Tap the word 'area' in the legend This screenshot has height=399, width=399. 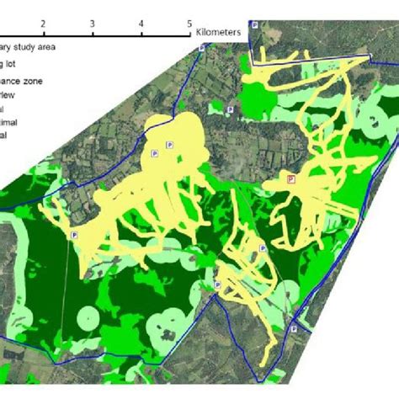[46, 47]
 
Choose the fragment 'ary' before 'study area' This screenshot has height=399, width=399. [5, 47]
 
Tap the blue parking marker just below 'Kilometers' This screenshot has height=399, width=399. [201, 49]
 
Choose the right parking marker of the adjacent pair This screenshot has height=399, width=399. [170, 145]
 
